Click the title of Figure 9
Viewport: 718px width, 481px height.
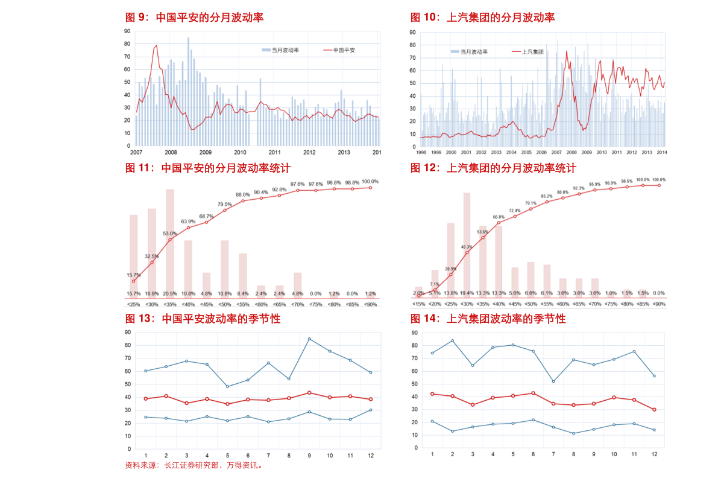(x=194, y=18)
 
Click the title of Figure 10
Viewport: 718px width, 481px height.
(x=482, y=18)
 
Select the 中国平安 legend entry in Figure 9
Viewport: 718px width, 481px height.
(x=344, y=50)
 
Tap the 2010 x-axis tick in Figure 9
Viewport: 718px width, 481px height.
(x=241, y=153)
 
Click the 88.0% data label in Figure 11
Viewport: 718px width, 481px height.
(x=242, y=194)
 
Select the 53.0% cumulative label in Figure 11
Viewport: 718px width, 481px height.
(x=170, y=233)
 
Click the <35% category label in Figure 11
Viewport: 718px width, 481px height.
(x=170, y=304)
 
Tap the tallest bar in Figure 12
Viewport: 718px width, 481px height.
(x=467, y=241)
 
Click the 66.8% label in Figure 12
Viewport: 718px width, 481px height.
(x=499, y=217)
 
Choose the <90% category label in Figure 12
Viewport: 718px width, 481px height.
(x=658, y=304)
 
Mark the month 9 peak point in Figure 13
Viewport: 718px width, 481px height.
(x=309, y=339)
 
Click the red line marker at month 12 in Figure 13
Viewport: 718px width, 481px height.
(x=371, y=399)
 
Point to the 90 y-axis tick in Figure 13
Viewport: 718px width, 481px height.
(x=128, y=333)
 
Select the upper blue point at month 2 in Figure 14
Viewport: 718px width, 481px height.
(x=452, y=340)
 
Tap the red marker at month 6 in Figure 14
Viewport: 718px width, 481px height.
(x=534, y=393)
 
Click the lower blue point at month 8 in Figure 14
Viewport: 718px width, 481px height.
(x=574, y=433)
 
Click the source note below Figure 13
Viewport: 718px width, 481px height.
(x=193, y=466)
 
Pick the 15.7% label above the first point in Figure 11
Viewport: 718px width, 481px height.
(x=134, y=275)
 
